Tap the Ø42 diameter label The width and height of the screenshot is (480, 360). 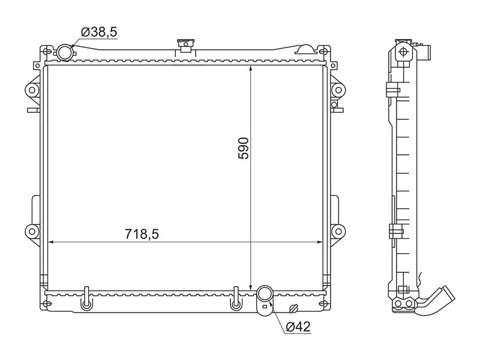(x=298, y=326)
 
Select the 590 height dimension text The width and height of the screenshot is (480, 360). (x=244, y=147)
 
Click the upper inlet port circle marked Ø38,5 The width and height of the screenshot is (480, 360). (x=64, y=53)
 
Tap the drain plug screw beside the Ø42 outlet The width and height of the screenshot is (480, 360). (x=293, y=309)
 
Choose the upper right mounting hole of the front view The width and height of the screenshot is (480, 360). (x=338, y=91)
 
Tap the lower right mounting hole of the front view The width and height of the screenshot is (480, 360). (x=338, y=231)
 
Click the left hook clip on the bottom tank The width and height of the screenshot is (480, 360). (x=87, y=299)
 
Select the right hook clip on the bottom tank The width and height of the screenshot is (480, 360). (x=236, y=299)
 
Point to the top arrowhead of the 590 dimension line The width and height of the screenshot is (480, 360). (x=251, y=68)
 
